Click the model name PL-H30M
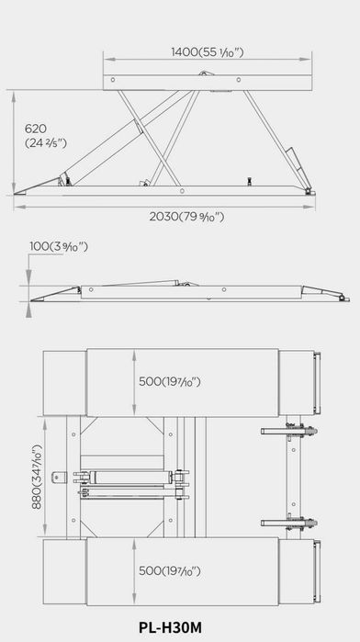(170, 627)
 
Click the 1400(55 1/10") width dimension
(208, 52)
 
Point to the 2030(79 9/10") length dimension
(186, 216)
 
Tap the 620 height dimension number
(36, 129)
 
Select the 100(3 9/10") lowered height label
(59, 246)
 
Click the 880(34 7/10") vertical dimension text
(37, 477)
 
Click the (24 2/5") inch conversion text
(46, 143)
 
